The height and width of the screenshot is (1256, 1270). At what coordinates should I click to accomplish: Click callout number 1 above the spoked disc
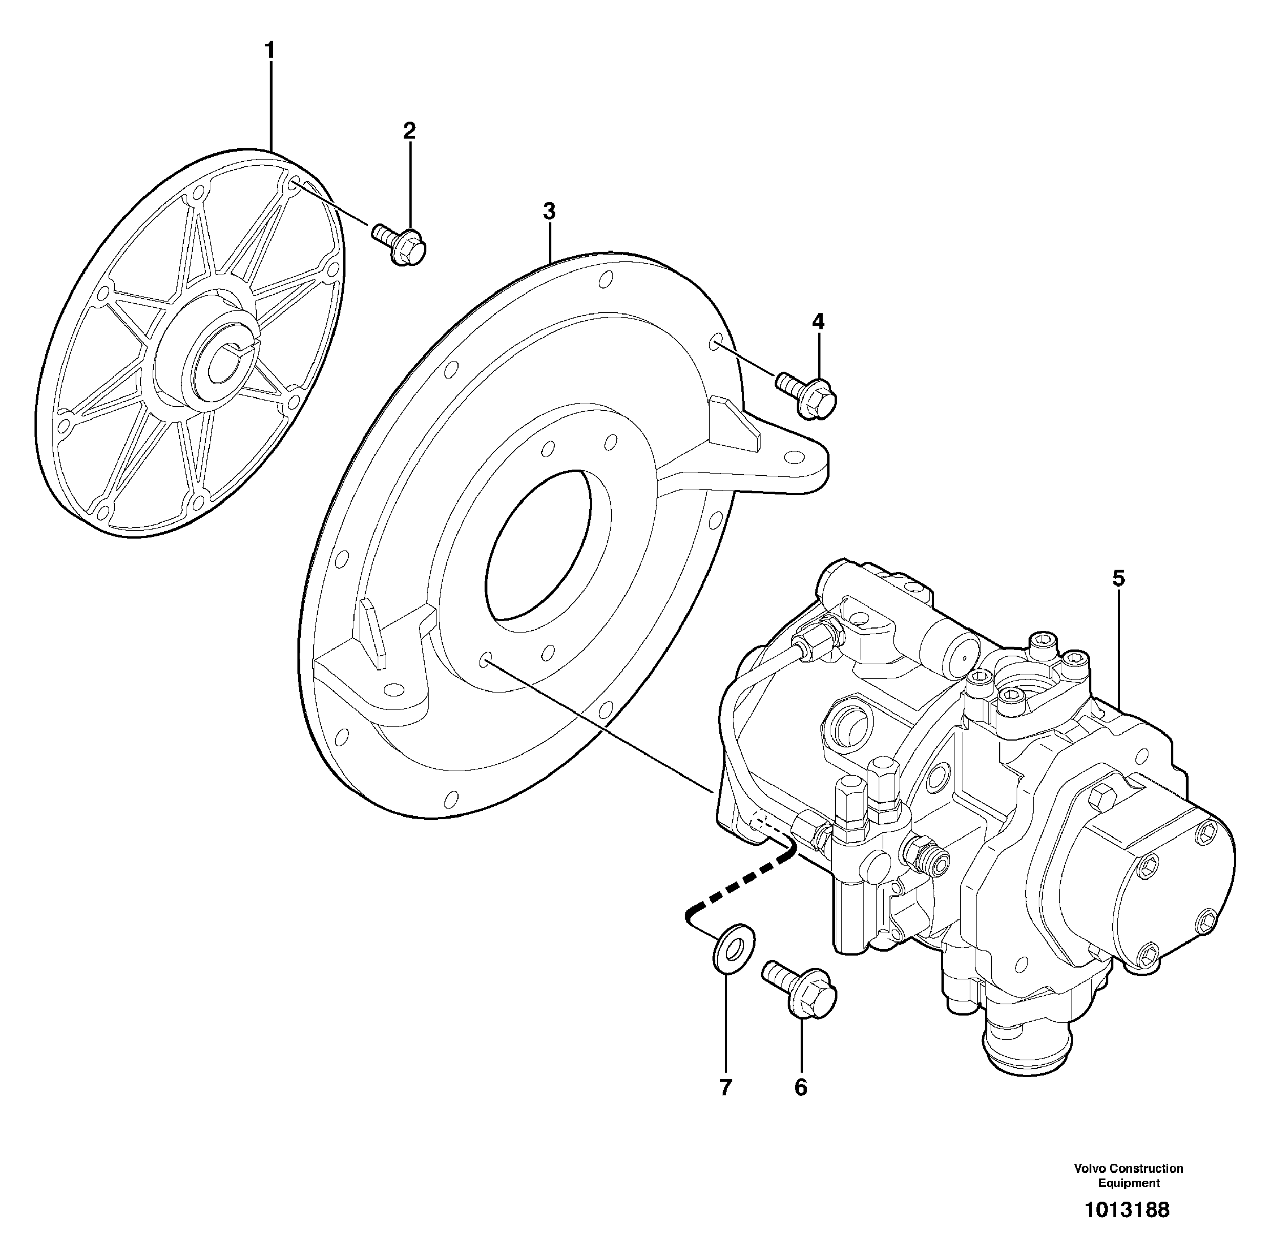pyautogui.click(x=270, y=50)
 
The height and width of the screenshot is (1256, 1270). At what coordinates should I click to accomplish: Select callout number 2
pyautogui.click(x=409, y=130)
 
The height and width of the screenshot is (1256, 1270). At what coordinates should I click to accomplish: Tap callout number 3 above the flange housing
pyautogui.click(x=549, y=212)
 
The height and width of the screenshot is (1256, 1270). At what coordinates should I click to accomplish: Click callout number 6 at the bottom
pyautogui.click(x=801, y=1087)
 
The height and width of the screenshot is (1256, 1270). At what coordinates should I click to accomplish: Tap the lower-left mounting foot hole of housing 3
pyautogui.click(x=392, y=689)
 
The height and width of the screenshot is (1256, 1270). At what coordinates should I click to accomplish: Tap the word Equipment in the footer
pyautogui.click(x=1129, y=1183)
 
